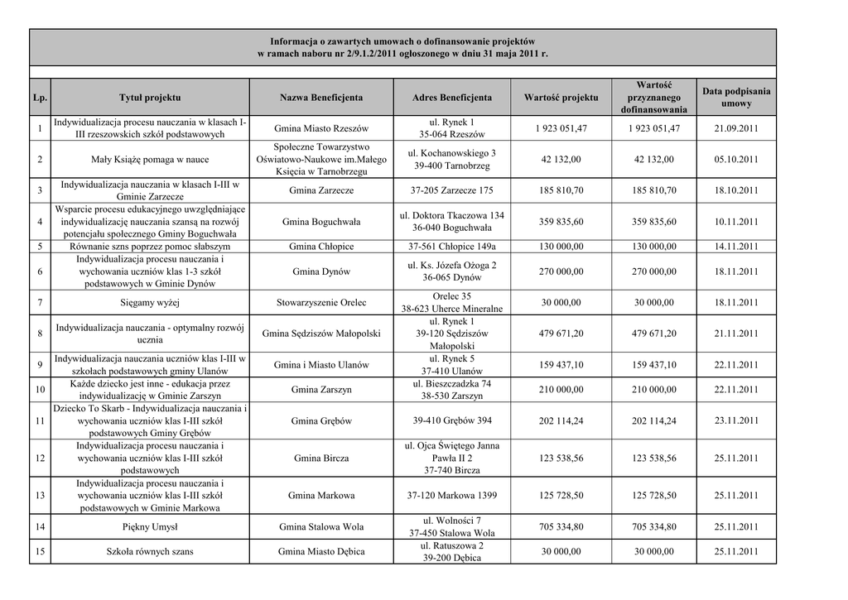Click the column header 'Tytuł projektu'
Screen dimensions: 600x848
150,98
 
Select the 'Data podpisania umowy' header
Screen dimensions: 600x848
736,98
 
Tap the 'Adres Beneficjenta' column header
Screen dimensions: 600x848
451,98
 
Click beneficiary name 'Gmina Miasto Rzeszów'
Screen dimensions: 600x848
321,128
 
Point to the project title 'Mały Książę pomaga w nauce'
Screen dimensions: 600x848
150,160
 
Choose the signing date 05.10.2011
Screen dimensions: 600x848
736,160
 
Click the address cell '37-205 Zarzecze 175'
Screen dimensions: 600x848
451,190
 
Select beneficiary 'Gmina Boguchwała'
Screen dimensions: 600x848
321,222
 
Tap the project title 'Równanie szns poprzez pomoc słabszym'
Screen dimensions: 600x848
150,247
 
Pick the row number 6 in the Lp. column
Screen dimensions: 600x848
40,271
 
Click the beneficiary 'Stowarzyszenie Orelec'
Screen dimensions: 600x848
321,303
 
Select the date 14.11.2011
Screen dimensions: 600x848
736,247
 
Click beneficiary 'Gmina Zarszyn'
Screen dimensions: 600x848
321,390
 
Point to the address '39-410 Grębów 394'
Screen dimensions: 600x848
451,420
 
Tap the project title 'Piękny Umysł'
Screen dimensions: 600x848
150,526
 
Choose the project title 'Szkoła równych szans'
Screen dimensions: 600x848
150,551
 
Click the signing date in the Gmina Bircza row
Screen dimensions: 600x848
736,458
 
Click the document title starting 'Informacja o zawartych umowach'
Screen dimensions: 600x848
402,47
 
